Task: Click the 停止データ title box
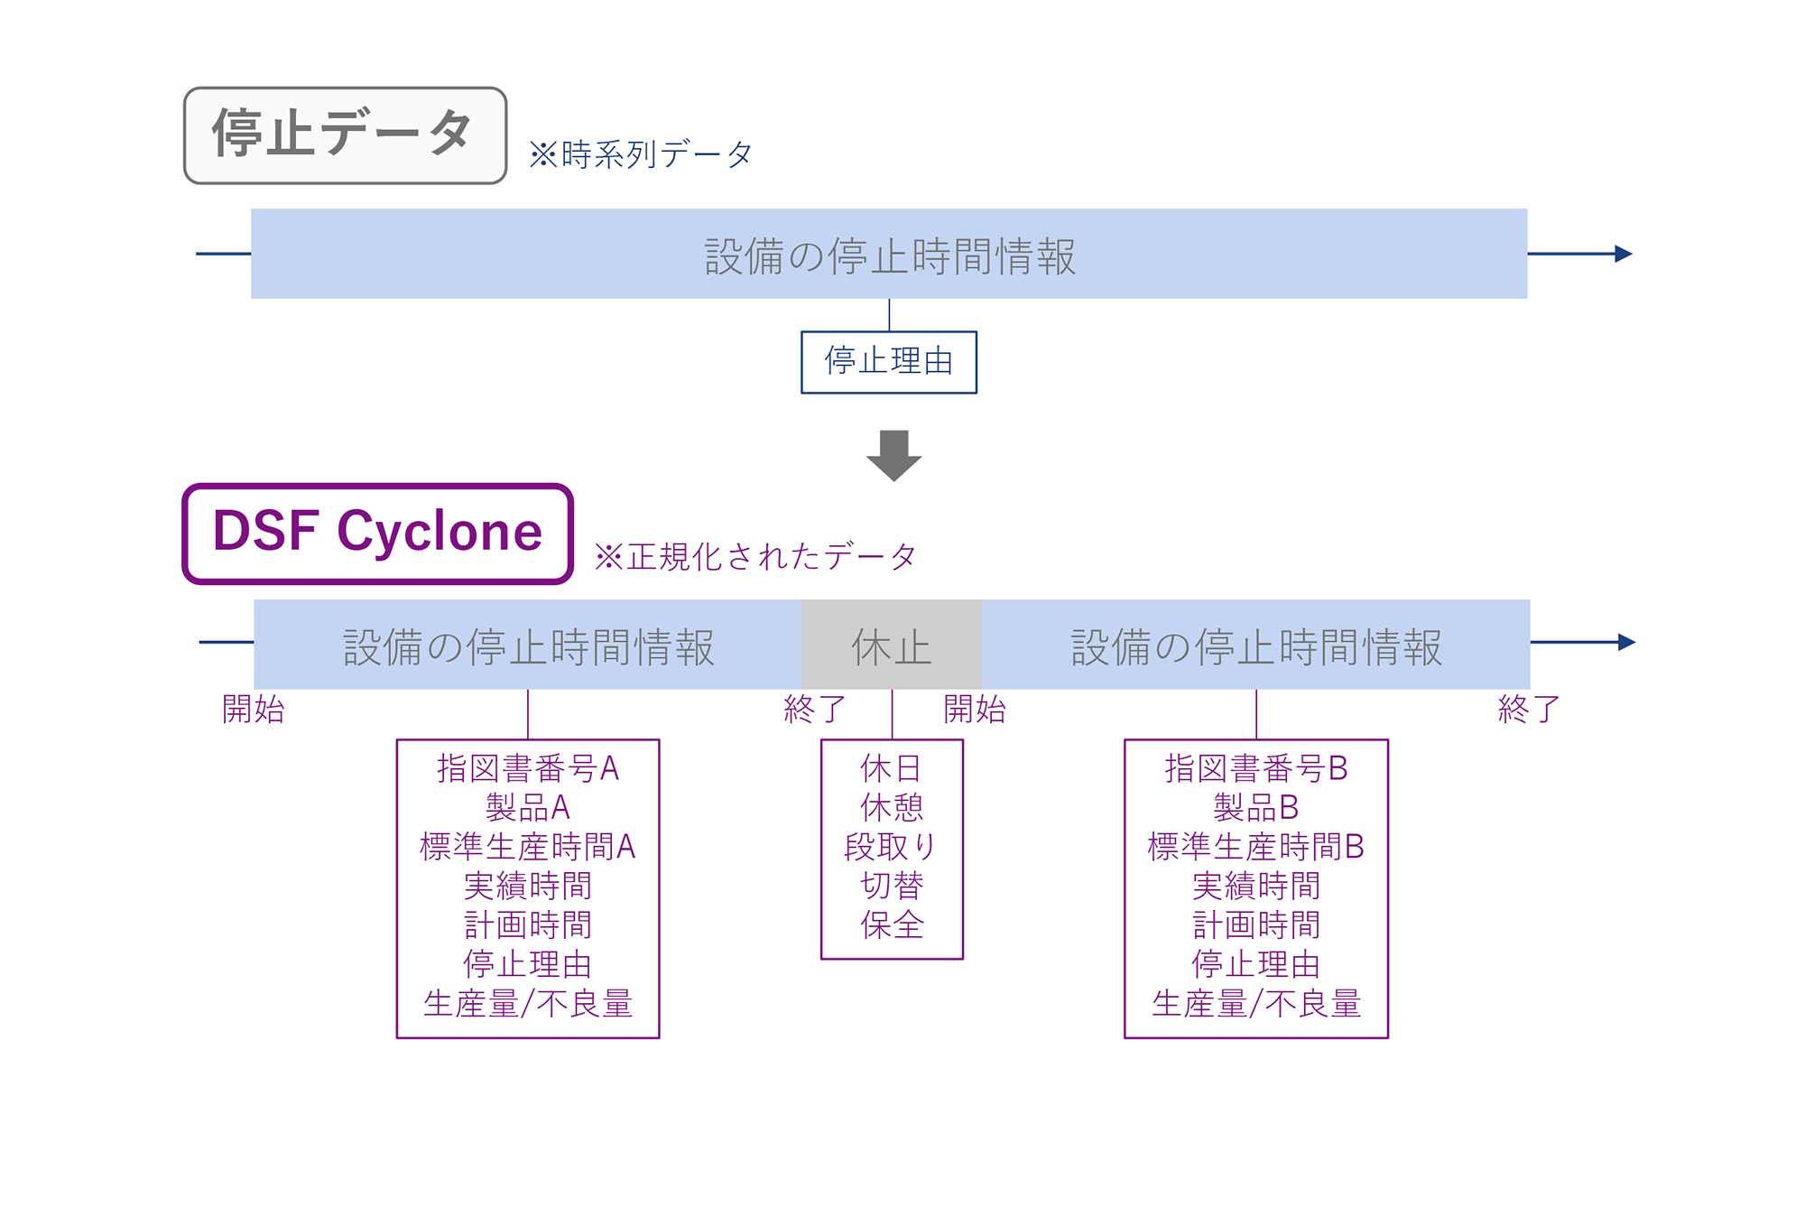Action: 345,135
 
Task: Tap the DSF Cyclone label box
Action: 377,534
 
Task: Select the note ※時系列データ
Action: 641,154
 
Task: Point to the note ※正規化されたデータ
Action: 755,556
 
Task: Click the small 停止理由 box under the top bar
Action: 889,362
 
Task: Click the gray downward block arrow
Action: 893,455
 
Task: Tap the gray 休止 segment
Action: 892,645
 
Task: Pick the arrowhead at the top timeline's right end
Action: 1624,254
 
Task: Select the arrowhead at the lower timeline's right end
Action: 1626,642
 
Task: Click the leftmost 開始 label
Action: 254,709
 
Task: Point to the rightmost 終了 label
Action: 1529,709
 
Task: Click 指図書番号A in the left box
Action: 528,768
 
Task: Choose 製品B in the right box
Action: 1255,807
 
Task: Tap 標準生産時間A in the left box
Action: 528,847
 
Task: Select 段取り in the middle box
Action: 892,847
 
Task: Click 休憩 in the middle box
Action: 892,807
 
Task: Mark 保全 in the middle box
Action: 892,924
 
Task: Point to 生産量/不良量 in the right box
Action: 1256,1003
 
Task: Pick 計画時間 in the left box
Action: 528,924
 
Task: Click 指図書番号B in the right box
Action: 1256,768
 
